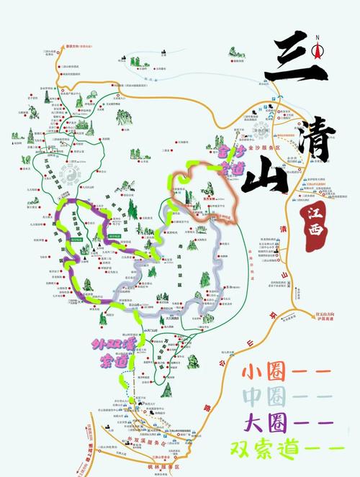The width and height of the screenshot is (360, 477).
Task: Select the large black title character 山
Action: coord(264,177)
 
